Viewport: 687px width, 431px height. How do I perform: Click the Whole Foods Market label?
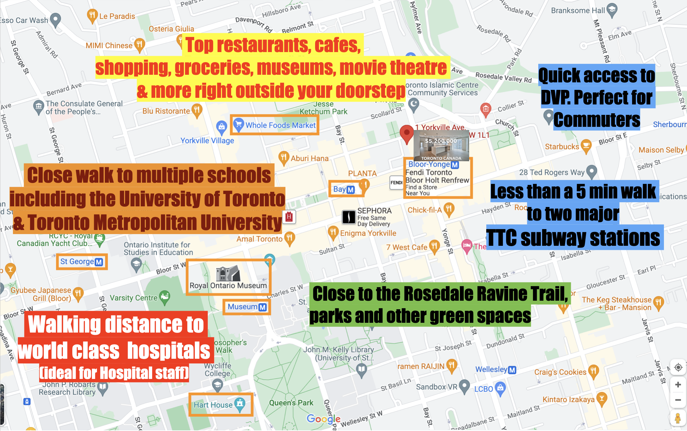coord(280,125)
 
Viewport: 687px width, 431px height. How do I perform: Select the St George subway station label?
coord(77,262)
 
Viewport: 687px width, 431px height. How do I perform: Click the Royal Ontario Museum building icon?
coord(228,273)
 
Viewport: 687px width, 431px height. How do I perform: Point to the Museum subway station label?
coord(242,307)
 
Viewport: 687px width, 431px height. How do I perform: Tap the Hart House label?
coord(213,405)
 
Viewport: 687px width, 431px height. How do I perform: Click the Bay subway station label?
coord(340,189)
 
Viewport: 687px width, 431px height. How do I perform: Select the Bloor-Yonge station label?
coord(429,164)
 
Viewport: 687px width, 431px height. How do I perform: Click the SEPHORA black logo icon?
coord(349,217)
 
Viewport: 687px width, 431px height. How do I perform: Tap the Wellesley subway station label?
coord(491,369)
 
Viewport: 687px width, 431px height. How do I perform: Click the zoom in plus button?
coord(678,385)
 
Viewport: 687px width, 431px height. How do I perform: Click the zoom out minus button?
coord(678,400)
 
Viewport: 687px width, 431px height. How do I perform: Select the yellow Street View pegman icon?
coord(678,418)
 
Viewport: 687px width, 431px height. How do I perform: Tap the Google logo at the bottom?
coord(323,419)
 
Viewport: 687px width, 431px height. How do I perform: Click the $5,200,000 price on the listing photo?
coord(441,141)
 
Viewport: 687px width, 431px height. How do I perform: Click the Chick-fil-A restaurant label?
coord(425,210)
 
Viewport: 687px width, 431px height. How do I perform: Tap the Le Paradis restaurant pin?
coord(92,15)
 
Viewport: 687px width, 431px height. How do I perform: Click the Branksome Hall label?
coord(578,10)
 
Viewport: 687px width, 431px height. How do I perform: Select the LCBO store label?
coord(483,389)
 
